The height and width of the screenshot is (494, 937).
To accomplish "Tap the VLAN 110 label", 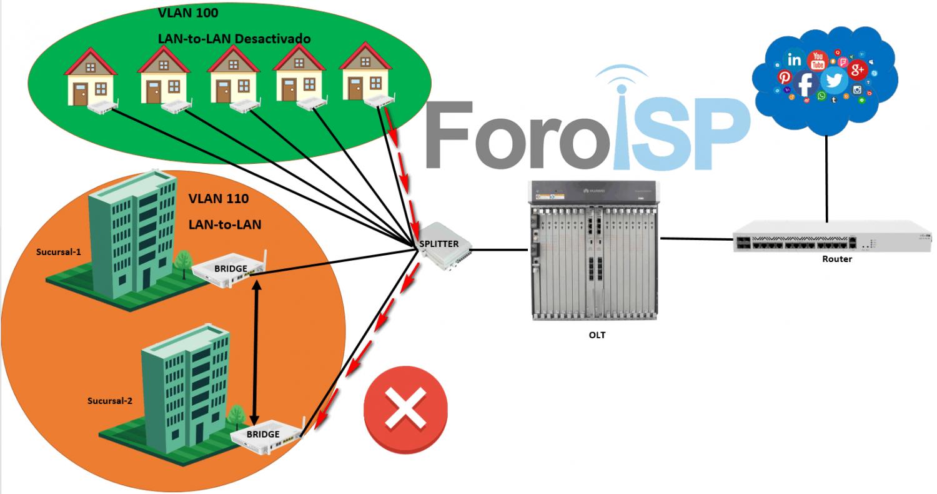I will (218, 199).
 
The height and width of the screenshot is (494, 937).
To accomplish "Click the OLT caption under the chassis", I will (597, 335).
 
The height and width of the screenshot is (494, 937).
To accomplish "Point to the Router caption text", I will (836, 260).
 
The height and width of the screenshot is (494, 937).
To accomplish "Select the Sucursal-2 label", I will (110, 401).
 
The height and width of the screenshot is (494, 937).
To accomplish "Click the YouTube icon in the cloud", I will (818, 61).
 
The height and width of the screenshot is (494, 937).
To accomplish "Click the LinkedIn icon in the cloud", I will (795, 60).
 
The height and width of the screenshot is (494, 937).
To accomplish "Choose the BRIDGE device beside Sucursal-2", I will (265, 435).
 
